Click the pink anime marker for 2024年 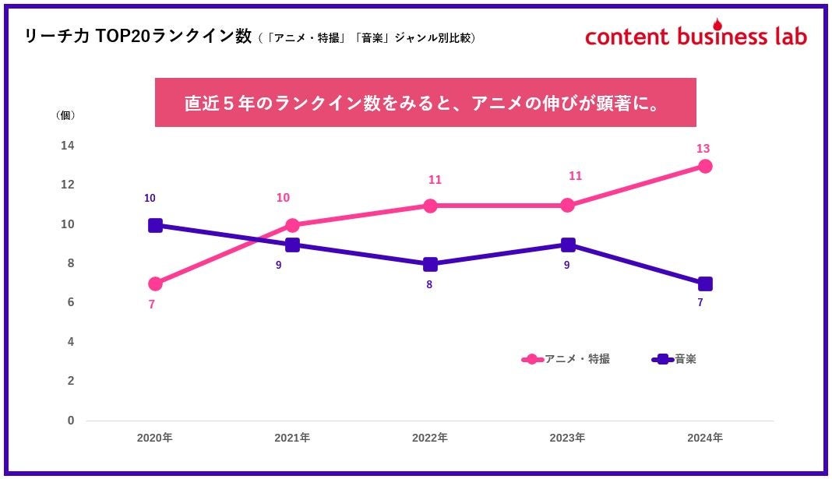705,166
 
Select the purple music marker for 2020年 155,225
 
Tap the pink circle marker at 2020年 155,284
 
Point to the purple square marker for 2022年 430,264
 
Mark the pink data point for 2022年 430,206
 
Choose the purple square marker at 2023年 568,245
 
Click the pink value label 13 703,149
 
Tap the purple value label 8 429,285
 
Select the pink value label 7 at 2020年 151,305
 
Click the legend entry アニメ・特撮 566,359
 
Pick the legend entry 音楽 675,359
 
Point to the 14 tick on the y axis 68,146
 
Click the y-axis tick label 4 70,342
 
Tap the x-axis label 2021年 292,438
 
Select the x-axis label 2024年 705,438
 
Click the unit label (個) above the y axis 66,115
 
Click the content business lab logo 696,35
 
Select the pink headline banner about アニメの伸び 425,102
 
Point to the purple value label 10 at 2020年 150,199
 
